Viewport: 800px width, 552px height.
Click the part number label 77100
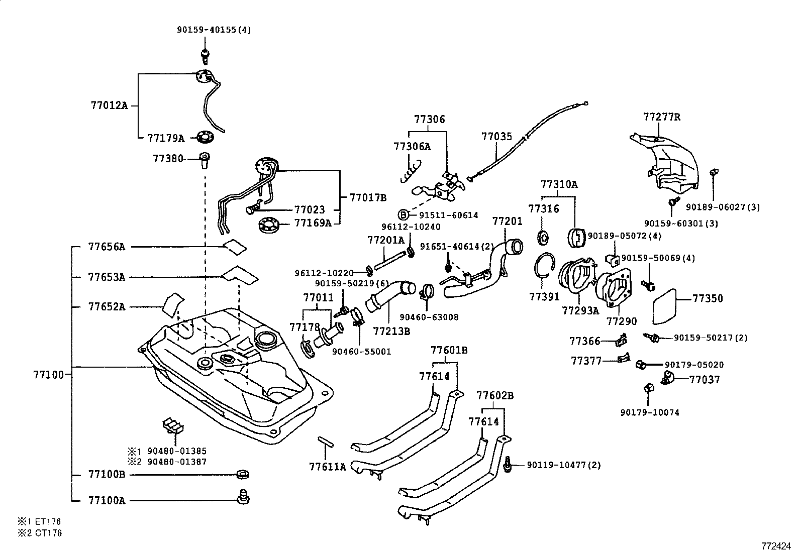[x=49, y=374]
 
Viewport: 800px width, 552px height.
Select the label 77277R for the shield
[x=662, y=118]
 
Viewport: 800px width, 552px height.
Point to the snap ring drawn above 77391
[x=545, y=266]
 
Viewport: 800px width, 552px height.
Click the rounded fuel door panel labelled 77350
[x=668, y=306]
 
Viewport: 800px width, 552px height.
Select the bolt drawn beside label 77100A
[x=243, y=497]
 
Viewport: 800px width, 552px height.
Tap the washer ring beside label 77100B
[x=243, y=474]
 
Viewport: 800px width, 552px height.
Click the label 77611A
[x=328, y=467]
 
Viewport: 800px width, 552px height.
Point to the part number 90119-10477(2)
[x=564, y=465]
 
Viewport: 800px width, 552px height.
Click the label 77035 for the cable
[x=496, y=136]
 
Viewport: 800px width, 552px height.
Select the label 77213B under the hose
[x=391, y=332]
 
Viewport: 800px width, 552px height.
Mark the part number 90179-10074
[x=649, y=412]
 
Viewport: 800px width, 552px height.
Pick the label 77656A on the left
[x=107, y=247]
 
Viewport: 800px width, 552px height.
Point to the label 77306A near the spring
[x=412, y=147]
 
